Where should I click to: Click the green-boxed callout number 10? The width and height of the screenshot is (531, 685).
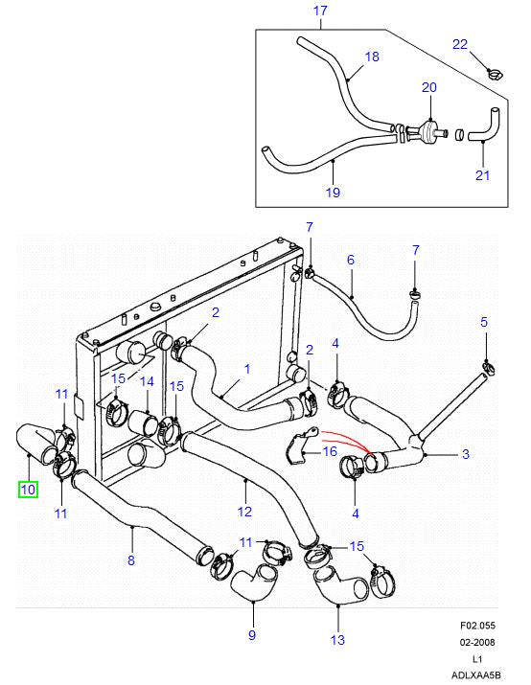(x=27, y=489)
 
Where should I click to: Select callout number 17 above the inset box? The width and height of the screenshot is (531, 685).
(x=321, y=11)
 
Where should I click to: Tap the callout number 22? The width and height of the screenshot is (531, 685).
(x=460, y=44)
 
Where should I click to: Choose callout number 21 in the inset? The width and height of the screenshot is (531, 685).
(x=482, y=174)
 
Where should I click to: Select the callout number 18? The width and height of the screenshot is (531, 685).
(x=373, y=57)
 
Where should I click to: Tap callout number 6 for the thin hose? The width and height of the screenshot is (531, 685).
(x=351, y=260)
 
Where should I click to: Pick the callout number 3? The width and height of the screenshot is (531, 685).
(x=465, y=454)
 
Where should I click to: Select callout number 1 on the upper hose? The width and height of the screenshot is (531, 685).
(x=246, y=368)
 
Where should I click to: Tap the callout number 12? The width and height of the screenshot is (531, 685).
(x=245, y=511)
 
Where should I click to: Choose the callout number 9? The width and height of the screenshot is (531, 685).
(x=252, y=634)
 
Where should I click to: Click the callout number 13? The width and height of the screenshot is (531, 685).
(x=336, y=640)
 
